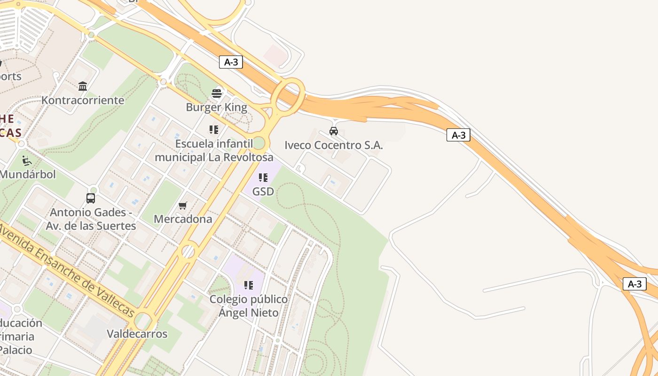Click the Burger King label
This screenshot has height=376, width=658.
(216, 107)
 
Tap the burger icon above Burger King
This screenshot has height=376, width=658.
(216, 93)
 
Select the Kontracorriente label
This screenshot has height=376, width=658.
(83, 100)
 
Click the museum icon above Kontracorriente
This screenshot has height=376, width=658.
(83, 86)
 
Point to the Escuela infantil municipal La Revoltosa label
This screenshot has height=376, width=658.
(214, 150)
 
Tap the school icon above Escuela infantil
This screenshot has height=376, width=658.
(214, 129)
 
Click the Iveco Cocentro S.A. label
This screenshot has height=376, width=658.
(334, 145)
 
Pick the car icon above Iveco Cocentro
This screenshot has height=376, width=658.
(334, 131)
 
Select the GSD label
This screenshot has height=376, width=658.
(263, 192)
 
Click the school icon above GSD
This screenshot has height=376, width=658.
(263, 178)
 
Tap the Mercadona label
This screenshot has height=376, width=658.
(183, 219)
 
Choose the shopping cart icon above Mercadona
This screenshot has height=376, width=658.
(183, 205)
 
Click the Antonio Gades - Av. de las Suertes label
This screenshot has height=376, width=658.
(91, 219)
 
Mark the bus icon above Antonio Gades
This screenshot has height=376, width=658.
(91, 198)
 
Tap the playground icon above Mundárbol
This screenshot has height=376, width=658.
(27, 161)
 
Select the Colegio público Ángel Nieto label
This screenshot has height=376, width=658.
(249, 305)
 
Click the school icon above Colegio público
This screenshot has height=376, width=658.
(249, 285)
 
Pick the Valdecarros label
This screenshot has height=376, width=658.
(137, 334)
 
